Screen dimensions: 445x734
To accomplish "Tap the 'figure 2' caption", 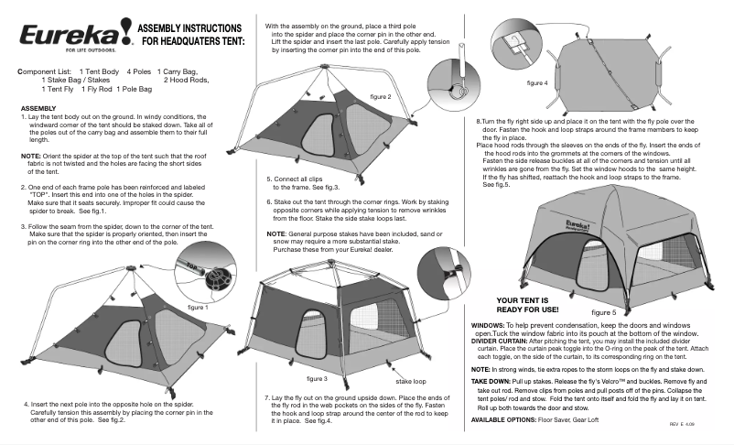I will coord(381,96).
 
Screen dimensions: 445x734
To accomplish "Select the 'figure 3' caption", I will coord(317,377).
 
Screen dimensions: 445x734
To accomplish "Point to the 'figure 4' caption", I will coord(537,83).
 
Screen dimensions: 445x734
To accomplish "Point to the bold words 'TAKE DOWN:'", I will coord(491,379).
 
